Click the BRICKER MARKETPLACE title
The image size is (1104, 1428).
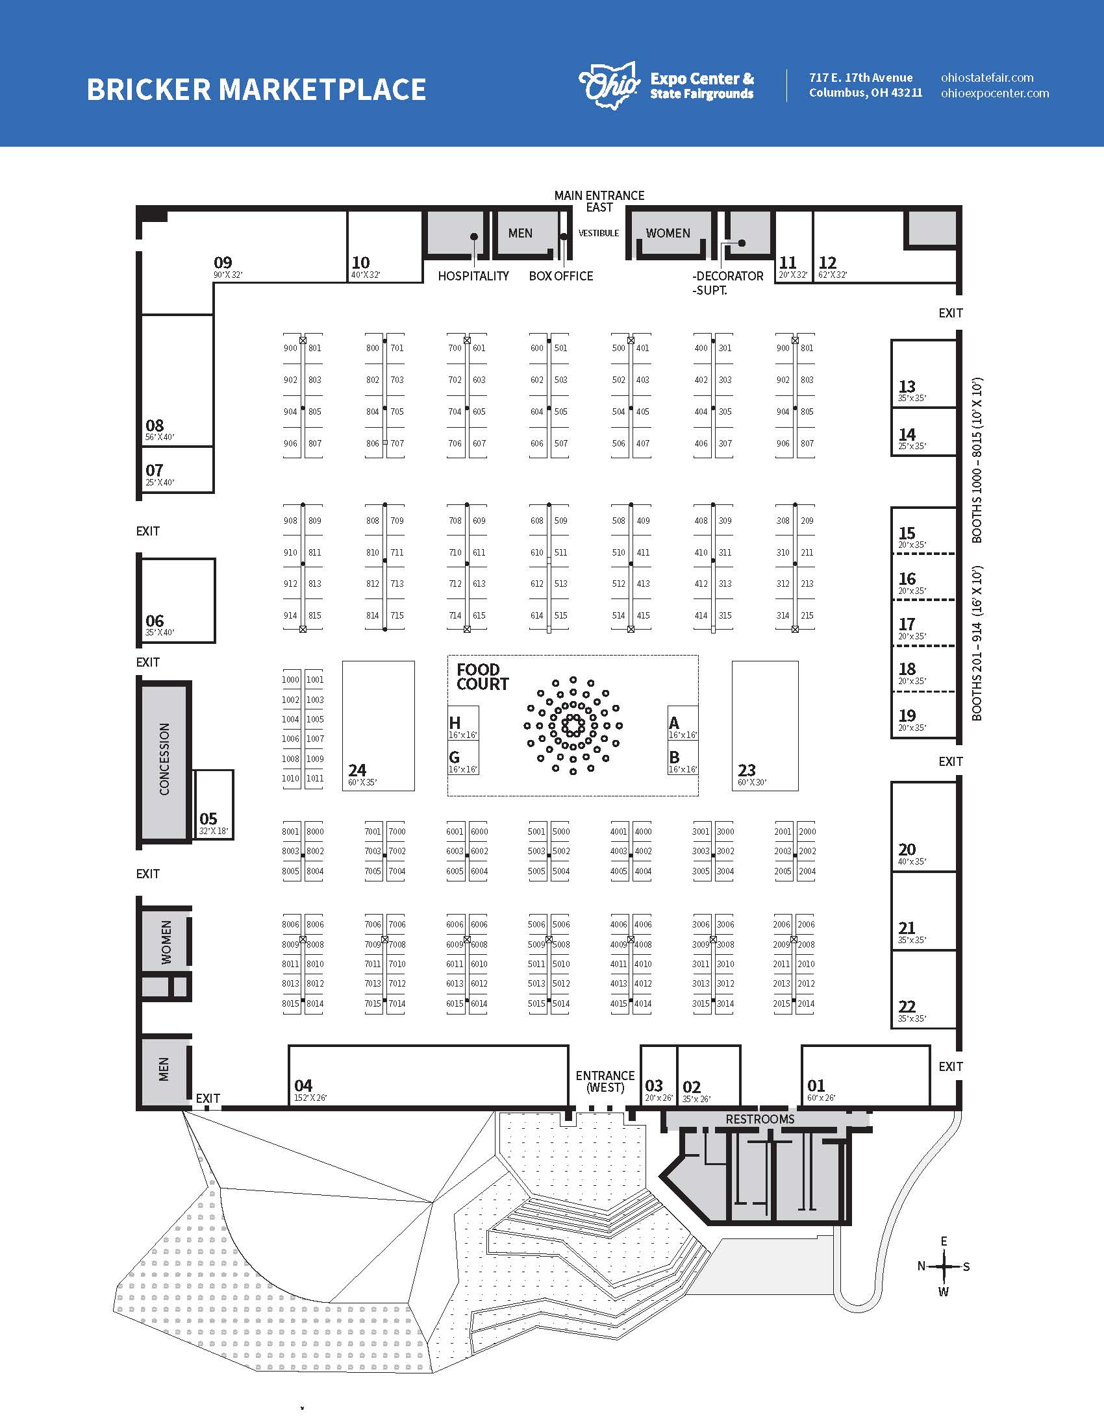(256, 90)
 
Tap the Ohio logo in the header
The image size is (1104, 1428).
(609, 85)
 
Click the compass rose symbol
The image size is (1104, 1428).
(944, 1266)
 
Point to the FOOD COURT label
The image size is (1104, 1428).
(483, 677)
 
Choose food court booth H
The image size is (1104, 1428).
(463, 723)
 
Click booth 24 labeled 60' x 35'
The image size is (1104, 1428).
(379, 726)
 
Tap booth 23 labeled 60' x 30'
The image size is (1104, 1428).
(764, 726)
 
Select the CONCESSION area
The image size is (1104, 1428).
(164, 759)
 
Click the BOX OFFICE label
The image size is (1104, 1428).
(561, 276)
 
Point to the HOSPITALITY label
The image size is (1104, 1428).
(473, 276)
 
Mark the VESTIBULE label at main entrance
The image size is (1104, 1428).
(599, 234)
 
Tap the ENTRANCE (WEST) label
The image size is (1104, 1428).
(605, 1081)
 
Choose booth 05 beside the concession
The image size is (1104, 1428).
(214, 805)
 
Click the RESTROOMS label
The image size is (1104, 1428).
(760, 1120)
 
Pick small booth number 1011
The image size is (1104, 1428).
(314, 778)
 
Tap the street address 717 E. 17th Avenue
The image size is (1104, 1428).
(860, 78)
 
